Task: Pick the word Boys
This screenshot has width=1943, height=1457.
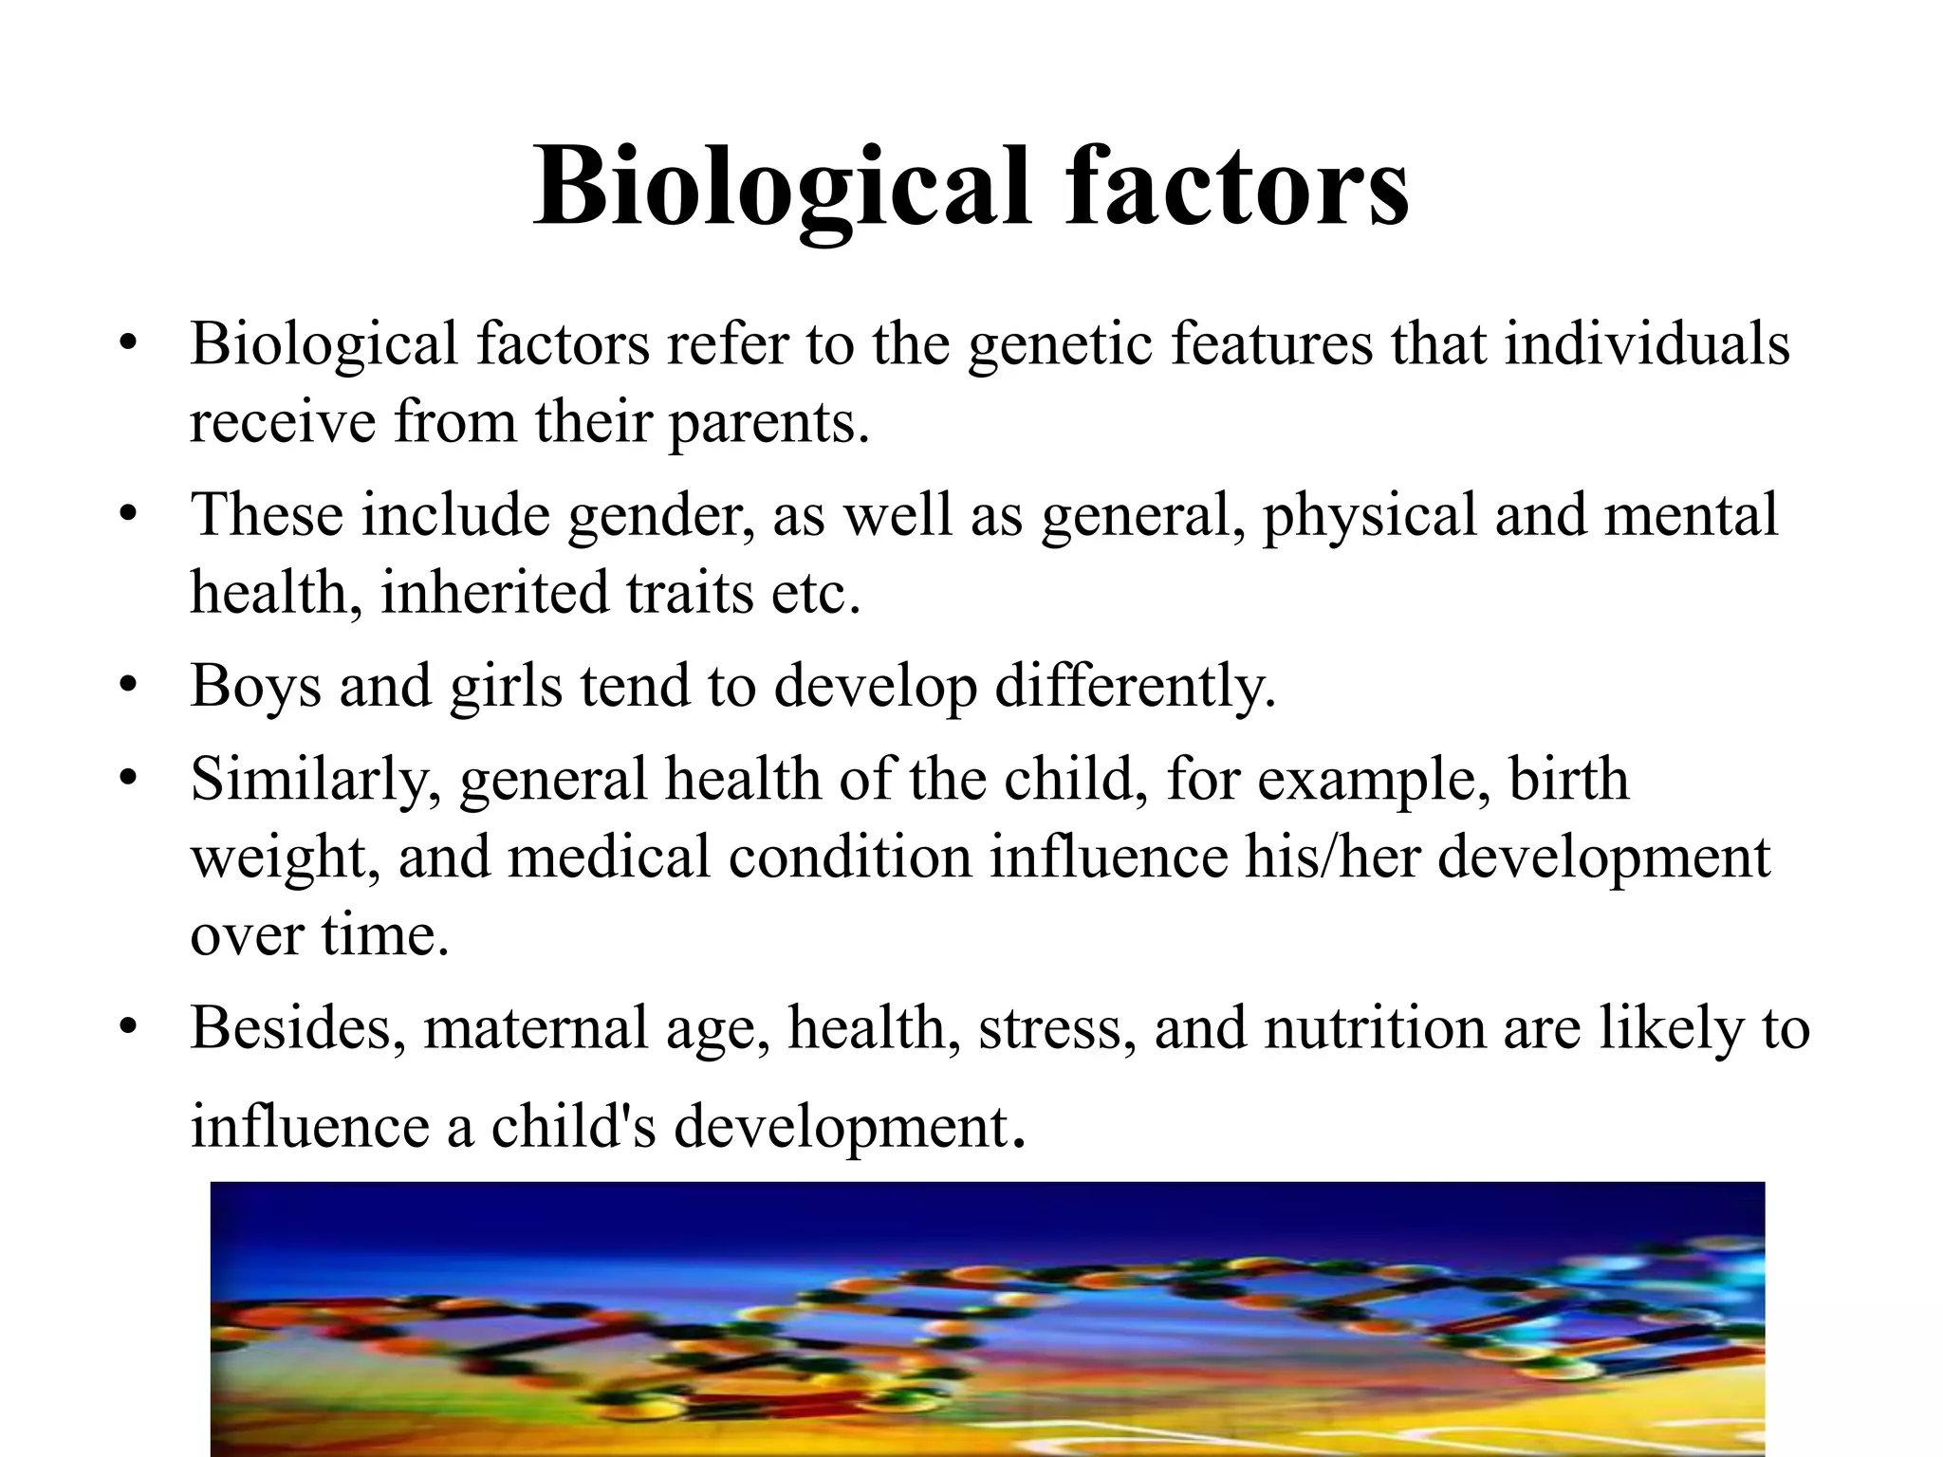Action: [255, 685]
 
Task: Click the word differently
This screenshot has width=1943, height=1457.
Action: [1135, 685]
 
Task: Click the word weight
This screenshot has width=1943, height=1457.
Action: [285, 858]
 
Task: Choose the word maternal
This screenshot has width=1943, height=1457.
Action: [535, 1028]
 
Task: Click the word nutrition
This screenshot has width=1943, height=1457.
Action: [1375, 1028]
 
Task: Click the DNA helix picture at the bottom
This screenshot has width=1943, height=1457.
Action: [987, 1319]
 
